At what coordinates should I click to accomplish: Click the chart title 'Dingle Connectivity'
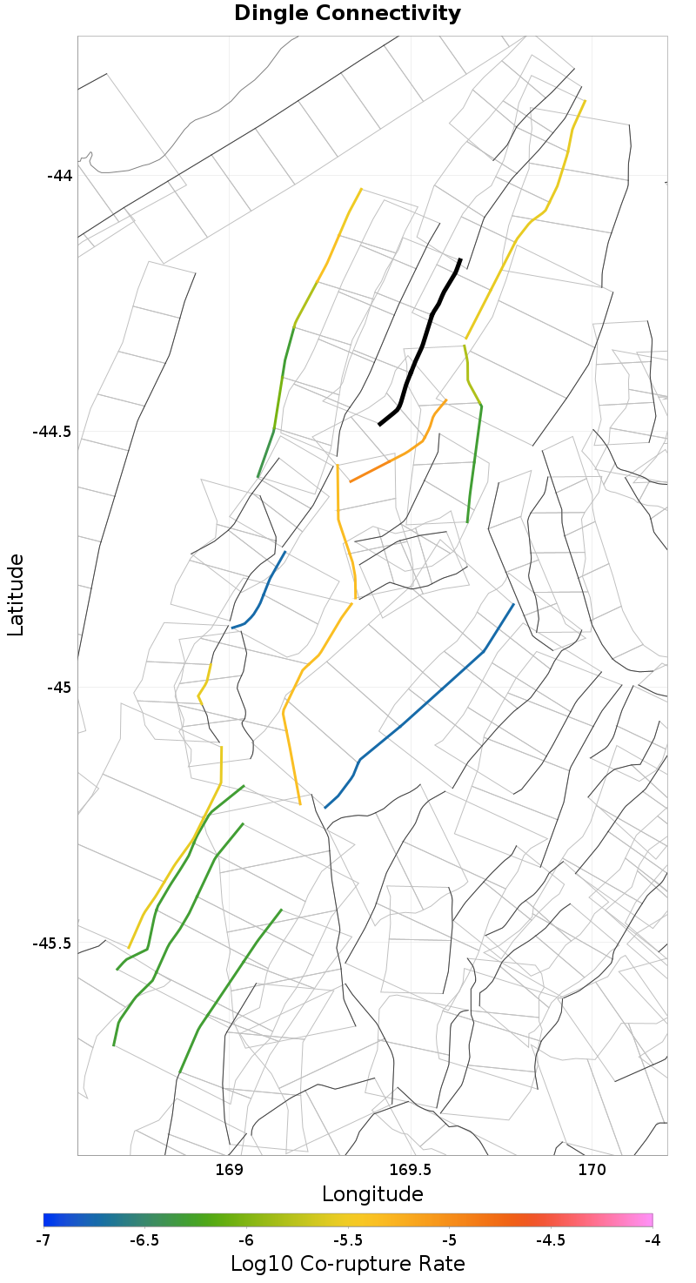[x=347, y=14]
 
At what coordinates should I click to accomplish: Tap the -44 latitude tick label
[x=59, y=175]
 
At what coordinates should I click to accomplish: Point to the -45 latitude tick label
[x=59, y=688]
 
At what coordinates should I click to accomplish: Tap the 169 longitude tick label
[x=228, y=1171]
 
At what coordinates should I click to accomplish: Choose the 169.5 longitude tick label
[x=410, y=1171]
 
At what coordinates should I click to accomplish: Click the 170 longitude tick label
[x=592, y=1171]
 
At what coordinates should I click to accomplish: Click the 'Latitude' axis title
[x=16, y=595]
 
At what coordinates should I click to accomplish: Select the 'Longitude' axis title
[x=372, y=1194]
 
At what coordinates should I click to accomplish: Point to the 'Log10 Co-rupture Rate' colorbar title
[x=348, y=1264]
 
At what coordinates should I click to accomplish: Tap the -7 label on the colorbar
[x=43, y=1239]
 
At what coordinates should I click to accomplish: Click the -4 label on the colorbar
[x=652, y=1239]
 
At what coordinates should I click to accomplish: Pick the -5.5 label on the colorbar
[x=348, y=1239]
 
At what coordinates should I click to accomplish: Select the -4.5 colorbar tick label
[x=551, y=1239]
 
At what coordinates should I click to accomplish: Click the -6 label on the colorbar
[x=246, y=1239]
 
